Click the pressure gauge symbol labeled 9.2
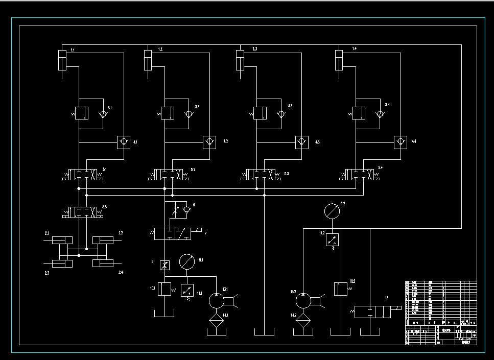point(332,210)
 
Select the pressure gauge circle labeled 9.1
point(187,262)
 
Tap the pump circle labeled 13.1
point(217,301)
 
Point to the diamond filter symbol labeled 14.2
point(303,320)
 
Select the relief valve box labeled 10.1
point(164,289)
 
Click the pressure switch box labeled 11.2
point(333,239)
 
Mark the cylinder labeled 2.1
point(62,240)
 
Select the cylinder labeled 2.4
point(103,263)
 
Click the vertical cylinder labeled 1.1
point(62,61)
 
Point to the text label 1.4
point(354,49)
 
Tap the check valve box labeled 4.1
point(123,142)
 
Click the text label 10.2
point(352,281)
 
